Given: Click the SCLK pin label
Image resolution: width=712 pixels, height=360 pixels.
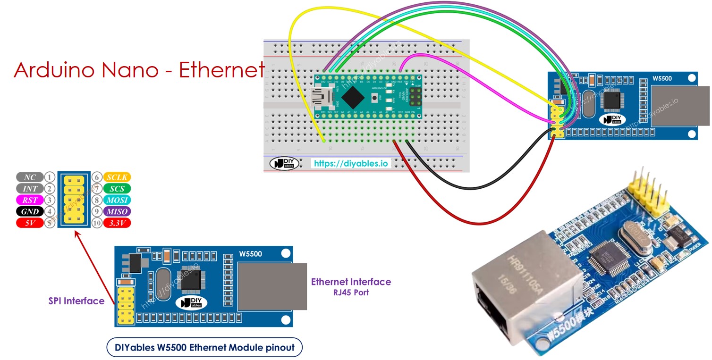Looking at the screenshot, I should pyautogui.click(x=117, y=177).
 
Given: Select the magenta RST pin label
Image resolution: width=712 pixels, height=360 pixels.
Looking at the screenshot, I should pyautogui.click(x=30, y=200).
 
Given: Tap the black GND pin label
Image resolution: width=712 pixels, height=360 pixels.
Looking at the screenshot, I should pyautogui.click(x=30, y=211).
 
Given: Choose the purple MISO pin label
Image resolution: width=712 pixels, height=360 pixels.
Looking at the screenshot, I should pyautogui.click(x=117, y=211).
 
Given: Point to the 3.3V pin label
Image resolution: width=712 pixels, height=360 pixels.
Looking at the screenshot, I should pyautogui.click(x=117, y=223).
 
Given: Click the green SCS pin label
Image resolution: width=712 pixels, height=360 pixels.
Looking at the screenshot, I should pyautogui.click(x=117, y=189).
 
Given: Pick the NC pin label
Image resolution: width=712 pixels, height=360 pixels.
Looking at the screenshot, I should pyautogui.click(x=30, y=177).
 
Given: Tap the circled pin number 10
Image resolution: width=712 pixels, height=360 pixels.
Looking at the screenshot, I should pyautogui.click(x=97, y=223).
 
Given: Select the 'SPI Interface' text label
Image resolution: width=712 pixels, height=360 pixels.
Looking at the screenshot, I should pyautogui.click(x=76, y=301).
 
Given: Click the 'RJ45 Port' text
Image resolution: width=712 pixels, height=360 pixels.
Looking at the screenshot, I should pyautogui.click(x=350, y=293).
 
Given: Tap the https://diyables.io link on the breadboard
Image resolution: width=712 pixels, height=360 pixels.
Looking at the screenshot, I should pyautogui.click(x=351, y=163).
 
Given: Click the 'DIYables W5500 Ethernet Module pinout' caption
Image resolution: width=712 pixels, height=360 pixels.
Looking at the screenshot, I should pyautogui.click(x=204, y=348).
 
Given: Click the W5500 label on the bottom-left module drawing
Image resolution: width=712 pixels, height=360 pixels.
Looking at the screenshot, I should pyautogui.click(x=250, y=254).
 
